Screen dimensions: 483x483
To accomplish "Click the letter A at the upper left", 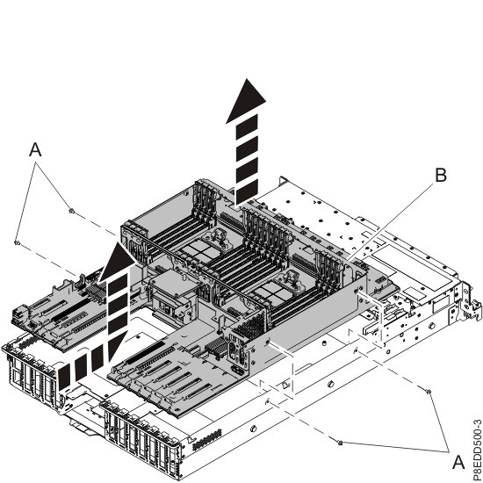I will coord(35,151).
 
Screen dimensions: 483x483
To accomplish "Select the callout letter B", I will coord(440,175).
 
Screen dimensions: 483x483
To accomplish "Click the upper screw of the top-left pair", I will coord(70,212).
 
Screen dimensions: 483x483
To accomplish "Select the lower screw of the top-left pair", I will coord(17,241).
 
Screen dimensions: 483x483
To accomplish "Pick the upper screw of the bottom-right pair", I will coord(428,390).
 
